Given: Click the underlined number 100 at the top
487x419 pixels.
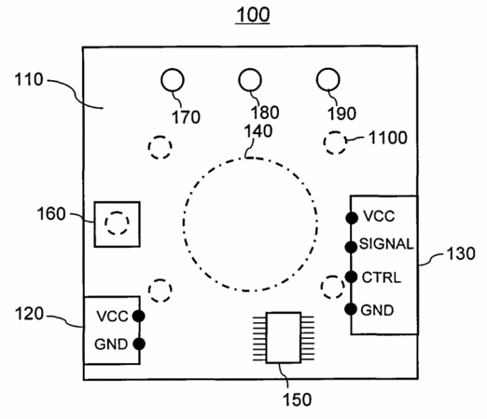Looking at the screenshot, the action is pyautogui.click(x=253, y=15).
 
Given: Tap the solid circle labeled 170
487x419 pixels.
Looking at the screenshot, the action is pyautogui.click(x=173, y=80).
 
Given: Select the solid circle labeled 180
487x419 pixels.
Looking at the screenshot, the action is pyautogui.click(x=250, y=80).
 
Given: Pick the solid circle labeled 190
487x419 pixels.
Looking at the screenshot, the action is pyautogui.click(x=328, y=79).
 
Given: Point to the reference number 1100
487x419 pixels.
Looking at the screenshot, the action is pyautogui.click(x=387, y=138).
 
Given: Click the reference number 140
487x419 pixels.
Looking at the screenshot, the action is pyautogui.click(x=257, y=131).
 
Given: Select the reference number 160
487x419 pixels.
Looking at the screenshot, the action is pyautogui.click(x=51, y=214).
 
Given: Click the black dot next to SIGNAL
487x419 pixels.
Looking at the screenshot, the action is pyautogui.click(x=351, y=247).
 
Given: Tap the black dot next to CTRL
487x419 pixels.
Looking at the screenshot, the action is pyautogui.click(x=351, y=277).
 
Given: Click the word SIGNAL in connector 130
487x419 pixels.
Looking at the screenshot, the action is pyautogui.click(x=386, y=244).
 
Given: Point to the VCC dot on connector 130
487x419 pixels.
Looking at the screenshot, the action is pyautogui.click(x=352, y=218).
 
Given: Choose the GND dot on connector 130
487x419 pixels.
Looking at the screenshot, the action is pyautogui.click(x=351, y=309).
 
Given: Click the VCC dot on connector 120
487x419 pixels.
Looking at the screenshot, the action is pyautogui.click(x=138, y=316).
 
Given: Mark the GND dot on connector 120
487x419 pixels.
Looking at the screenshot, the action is pyautogui.click(x=139, y=344).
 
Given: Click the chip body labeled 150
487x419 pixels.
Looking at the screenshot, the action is pyautogui.click(x=284, y=337).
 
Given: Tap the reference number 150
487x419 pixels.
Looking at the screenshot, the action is pyautogui.click(x=297, y=399).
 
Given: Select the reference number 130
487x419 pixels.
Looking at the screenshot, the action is pyautogui.click(x=461, y=253).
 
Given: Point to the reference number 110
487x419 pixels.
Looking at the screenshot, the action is pyautogui.click(x=29, y=79).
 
